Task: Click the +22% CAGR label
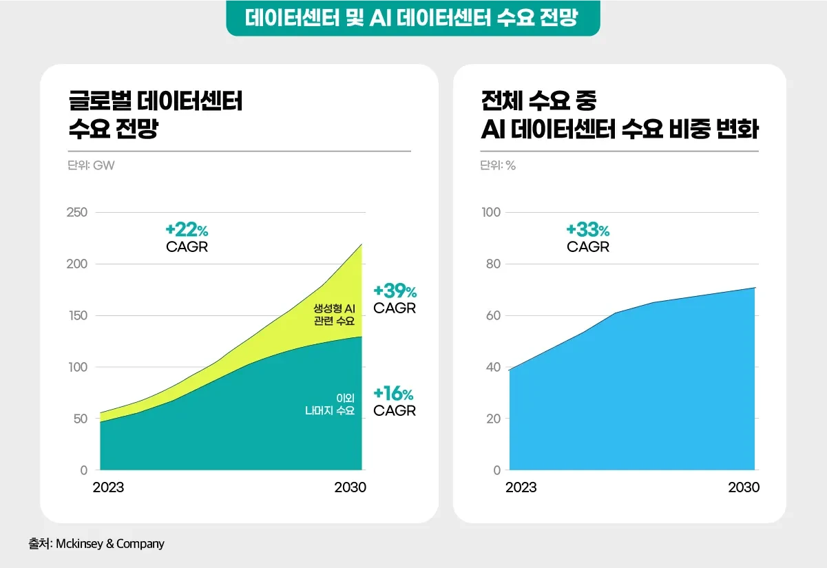tap(187, 238)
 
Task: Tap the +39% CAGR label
tap(395, 299)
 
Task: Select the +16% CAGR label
tap(395, 402)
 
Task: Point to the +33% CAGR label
tap(588, 238)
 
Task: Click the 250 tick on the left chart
tap(76, 212)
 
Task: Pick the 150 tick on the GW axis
tap(76, 315)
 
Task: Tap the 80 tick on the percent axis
tap(491, 264)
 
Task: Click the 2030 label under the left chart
tap(350, 487)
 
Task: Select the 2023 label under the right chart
tap(521, 487)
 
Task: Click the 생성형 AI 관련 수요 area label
tap(334, 315)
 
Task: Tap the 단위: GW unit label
tap(86, 165)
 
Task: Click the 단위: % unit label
tap(498, 165)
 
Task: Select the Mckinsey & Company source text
tap(96, 544)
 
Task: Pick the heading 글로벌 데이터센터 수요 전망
tap(155, 114)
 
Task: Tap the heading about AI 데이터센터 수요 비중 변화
tap(619, 114)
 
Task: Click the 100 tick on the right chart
tap(491, 212)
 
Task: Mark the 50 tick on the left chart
tap(80, 419)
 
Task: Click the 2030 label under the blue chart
tap(744, 487)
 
